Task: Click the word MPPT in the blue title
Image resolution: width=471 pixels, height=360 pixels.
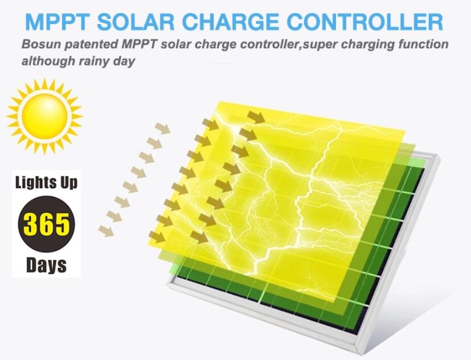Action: point(57,22)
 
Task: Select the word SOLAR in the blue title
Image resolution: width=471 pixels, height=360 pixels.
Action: point(136,22)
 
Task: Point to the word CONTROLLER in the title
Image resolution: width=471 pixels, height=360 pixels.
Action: point(365,22)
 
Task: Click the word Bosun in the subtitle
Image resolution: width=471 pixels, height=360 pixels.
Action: point(41,44)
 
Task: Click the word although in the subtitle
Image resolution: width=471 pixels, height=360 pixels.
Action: point(48,62)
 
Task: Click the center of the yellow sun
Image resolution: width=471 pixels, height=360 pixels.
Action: point(44,116)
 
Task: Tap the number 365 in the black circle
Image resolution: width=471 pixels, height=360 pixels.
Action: point(47,224)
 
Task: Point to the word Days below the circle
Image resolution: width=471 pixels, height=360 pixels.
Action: point(46,265)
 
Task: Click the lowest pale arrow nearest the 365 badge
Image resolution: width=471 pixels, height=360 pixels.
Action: point(106,231)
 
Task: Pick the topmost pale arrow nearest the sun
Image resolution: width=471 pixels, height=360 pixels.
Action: point(162,128)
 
